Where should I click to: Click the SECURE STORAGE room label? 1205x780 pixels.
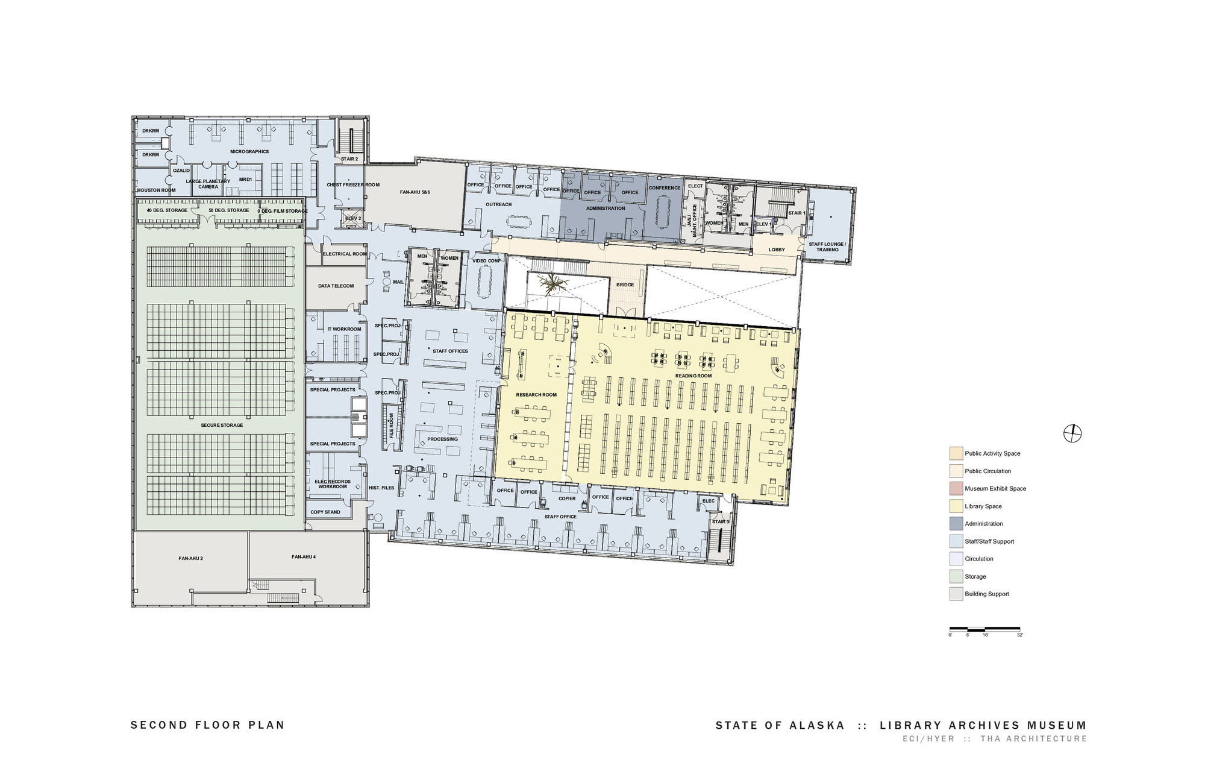222,426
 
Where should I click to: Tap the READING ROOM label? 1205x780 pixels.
693,376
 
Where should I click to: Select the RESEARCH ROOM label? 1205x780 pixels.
536,395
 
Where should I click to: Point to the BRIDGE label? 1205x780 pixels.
625,285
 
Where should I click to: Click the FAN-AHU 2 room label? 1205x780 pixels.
190,559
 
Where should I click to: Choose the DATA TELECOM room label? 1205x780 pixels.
336,286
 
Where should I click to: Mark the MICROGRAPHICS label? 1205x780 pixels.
249,152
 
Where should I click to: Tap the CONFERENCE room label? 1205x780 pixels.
665,188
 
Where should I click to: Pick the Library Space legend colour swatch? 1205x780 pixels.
956,506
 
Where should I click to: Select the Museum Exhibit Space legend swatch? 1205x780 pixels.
956,489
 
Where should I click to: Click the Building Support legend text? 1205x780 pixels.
987,594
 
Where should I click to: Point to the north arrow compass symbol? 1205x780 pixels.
1072,433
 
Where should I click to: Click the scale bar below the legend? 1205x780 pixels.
985,628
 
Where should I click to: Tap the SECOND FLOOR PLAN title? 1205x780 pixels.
207,725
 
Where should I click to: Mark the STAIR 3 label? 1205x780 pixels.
720,522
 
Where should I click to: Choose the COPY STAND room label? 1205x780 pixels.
325,512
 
